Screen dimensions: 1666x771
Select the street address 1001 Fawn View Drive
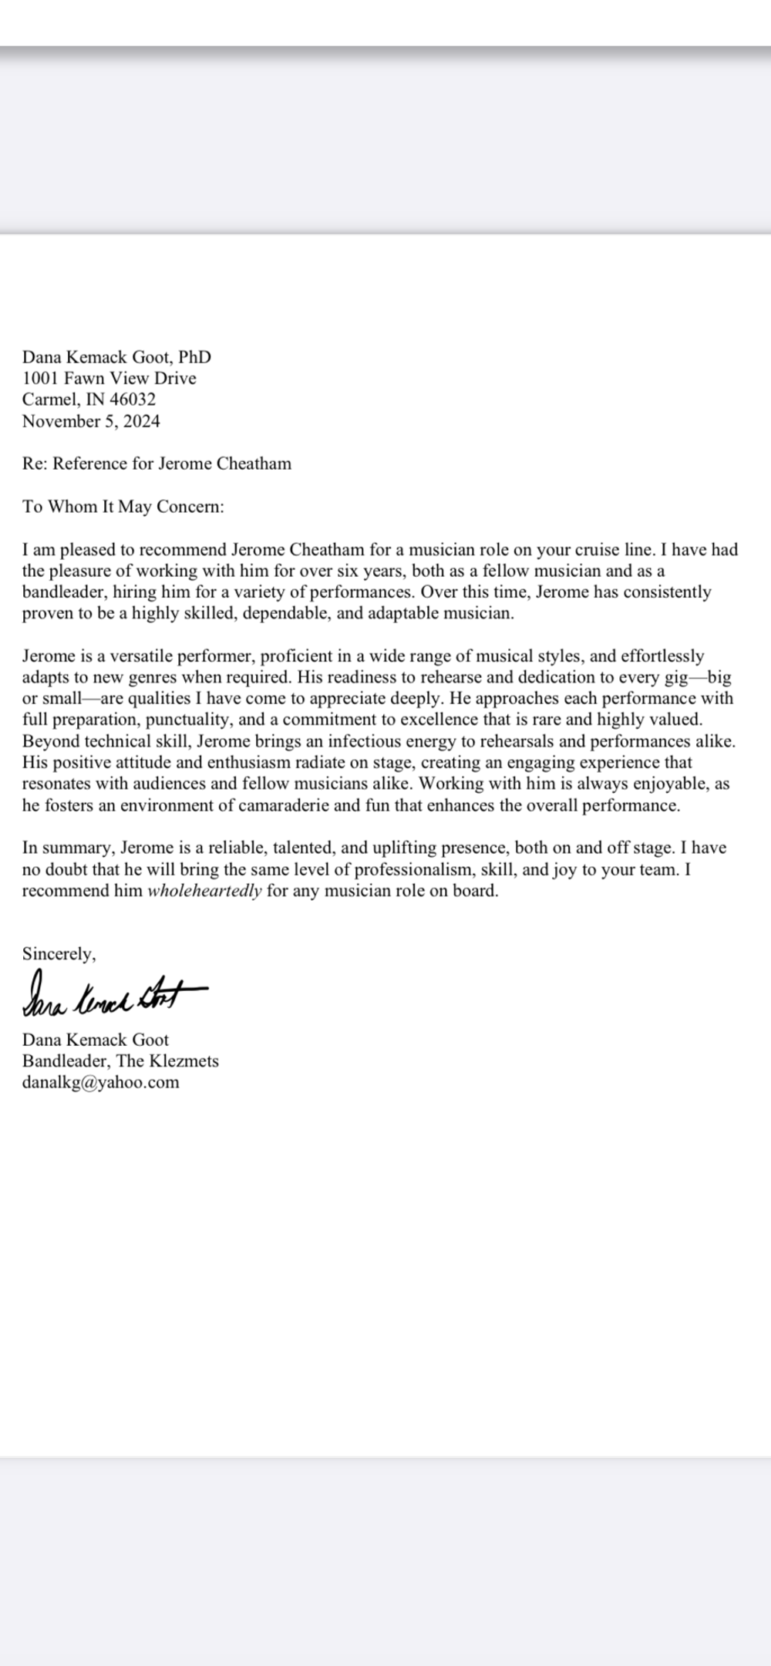coord(109,378)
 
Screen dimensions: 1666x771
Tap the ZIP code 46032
coord(132,400)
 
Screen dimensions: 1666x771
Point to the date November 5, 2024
coord(91,421)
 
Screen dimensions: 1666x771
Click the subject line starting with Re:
coord(157,464)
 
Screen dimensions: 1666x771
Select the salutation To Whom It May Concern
coord(123,507)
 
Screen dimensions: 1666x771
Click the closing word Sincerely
coord(59,954)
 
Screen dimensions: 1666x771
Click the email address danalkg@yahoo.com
coord(100,1082)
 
